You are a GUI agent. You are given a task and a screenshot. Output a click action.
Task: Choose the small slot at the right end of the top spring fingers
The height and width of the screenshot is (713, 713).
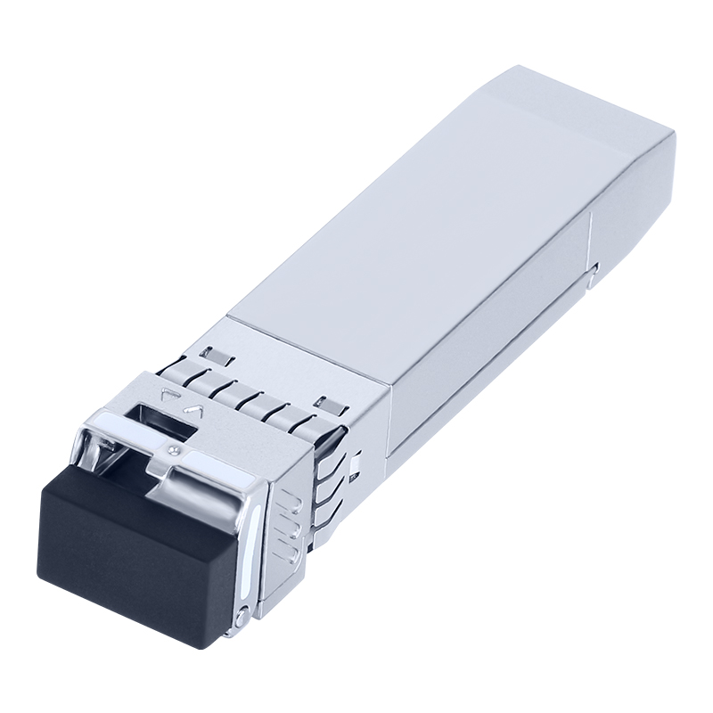click(x=326, y=403)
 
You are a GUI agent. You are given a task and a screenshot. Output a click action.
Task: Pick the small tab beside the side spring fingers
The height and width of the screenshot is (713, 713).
click(x=356, y=464)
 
